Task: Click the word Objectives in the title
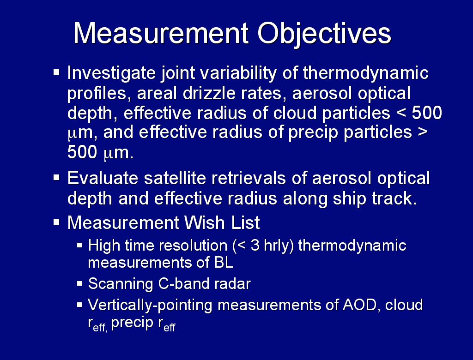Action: tap(324, 34)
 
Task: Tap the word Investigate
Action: tap(111, 73)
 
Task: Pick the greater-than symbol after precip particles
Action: tap(423, 132)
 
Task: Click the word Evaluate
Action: tap(103, 178)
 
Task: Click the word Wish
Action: tap(205, 222)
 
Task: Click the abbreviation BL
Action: tap(224, 262)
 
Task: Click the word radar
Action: tap(232, 283)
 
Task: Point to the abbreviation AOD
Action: tap(359, 305)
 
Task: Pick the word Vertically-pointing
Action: tap(150, 306)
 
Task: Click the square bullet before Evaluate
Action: tap(56, 177)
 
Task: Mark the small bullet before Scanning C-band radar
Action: tap(79, 283)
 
